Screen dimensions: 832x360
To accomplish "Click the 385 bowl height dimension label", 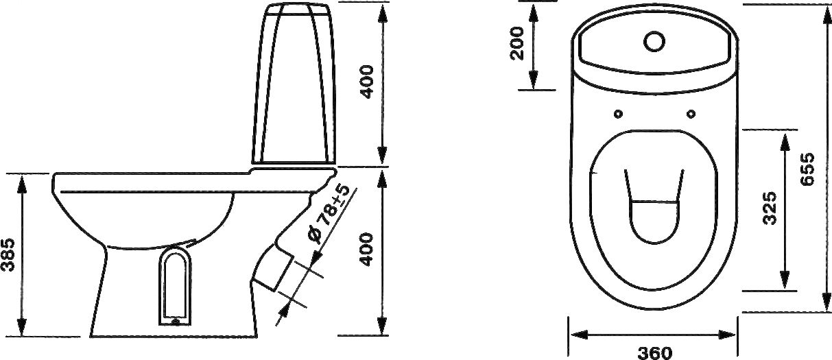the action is point(8,255).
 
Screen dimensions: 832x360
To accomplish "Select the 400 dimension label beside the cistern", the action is point(366,82).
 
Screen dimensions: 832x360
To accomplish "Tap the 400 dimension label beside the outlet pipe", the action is point(366,250).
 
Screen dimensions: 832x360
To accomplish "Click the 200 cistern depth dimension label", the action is point(516,43).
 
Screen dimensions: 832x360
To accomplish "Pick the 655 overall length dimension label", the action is point(807,169).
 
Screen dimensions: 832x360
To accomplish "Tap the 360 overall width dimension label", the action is point(655,353).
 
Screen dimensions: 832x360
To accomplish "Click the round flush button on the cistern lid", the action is point(654,41).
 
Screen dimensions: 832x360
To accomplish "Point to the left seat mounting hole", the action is point(619,114).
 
